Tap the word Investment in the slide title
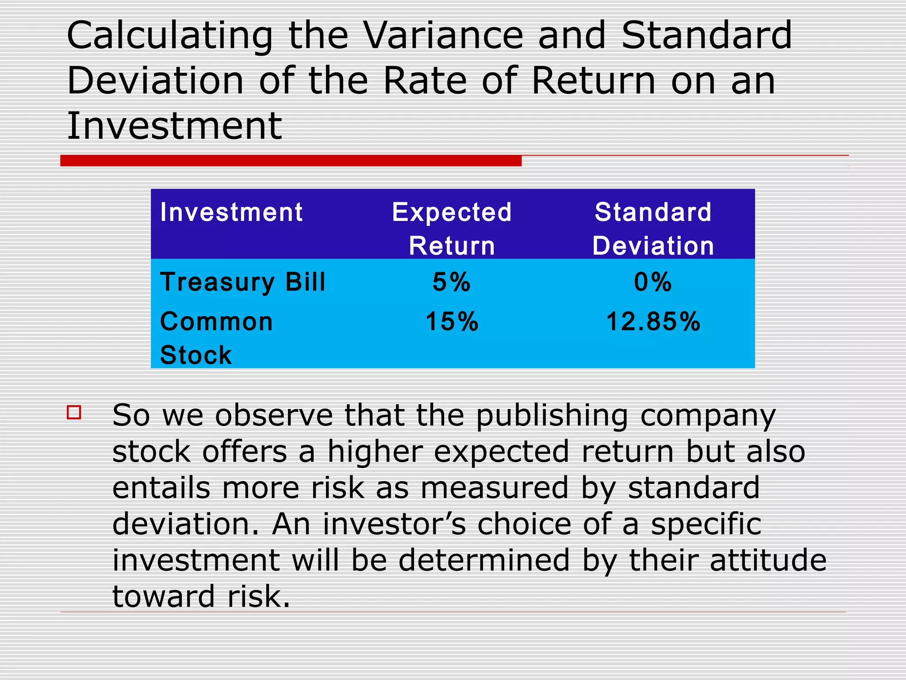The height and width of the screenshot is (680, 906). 174,126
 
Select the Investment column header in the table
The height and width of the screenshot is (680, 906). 231,212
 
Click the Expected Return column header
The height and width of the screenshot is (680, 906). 452,228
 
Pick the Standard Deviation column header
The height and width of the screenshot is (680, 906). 653,228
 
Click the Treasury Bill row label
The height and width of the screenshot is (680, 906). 242,282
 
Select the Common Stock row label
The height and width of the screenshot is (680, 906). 216,338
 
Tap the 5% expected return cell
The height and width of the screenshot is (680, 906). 451,282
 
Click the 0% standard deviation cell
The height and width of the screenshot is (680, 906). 653,282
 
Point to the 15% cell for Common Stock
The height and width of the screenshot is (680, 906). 452,321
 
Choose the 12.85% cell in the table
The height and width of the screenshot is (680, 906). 653,321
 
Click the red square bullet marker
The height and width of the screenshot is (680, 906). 74,412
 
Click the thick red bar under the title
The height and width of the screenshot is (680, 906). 291,161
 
